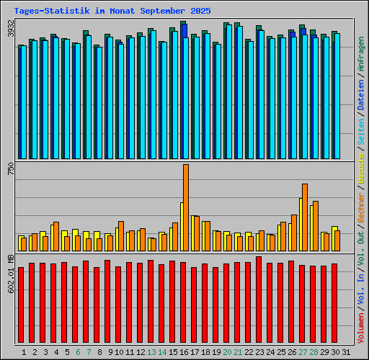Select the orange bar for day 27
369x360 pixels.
305,217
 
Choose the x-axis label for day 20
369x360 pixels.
227,351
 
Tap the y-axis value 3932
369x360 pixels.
10,29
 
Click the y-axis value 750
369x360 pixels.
10,170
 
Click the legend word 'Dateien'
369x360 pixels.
360,112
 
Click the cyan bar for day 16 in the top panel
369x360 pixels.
186,97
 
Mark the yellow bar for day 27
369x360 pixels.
301,224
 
